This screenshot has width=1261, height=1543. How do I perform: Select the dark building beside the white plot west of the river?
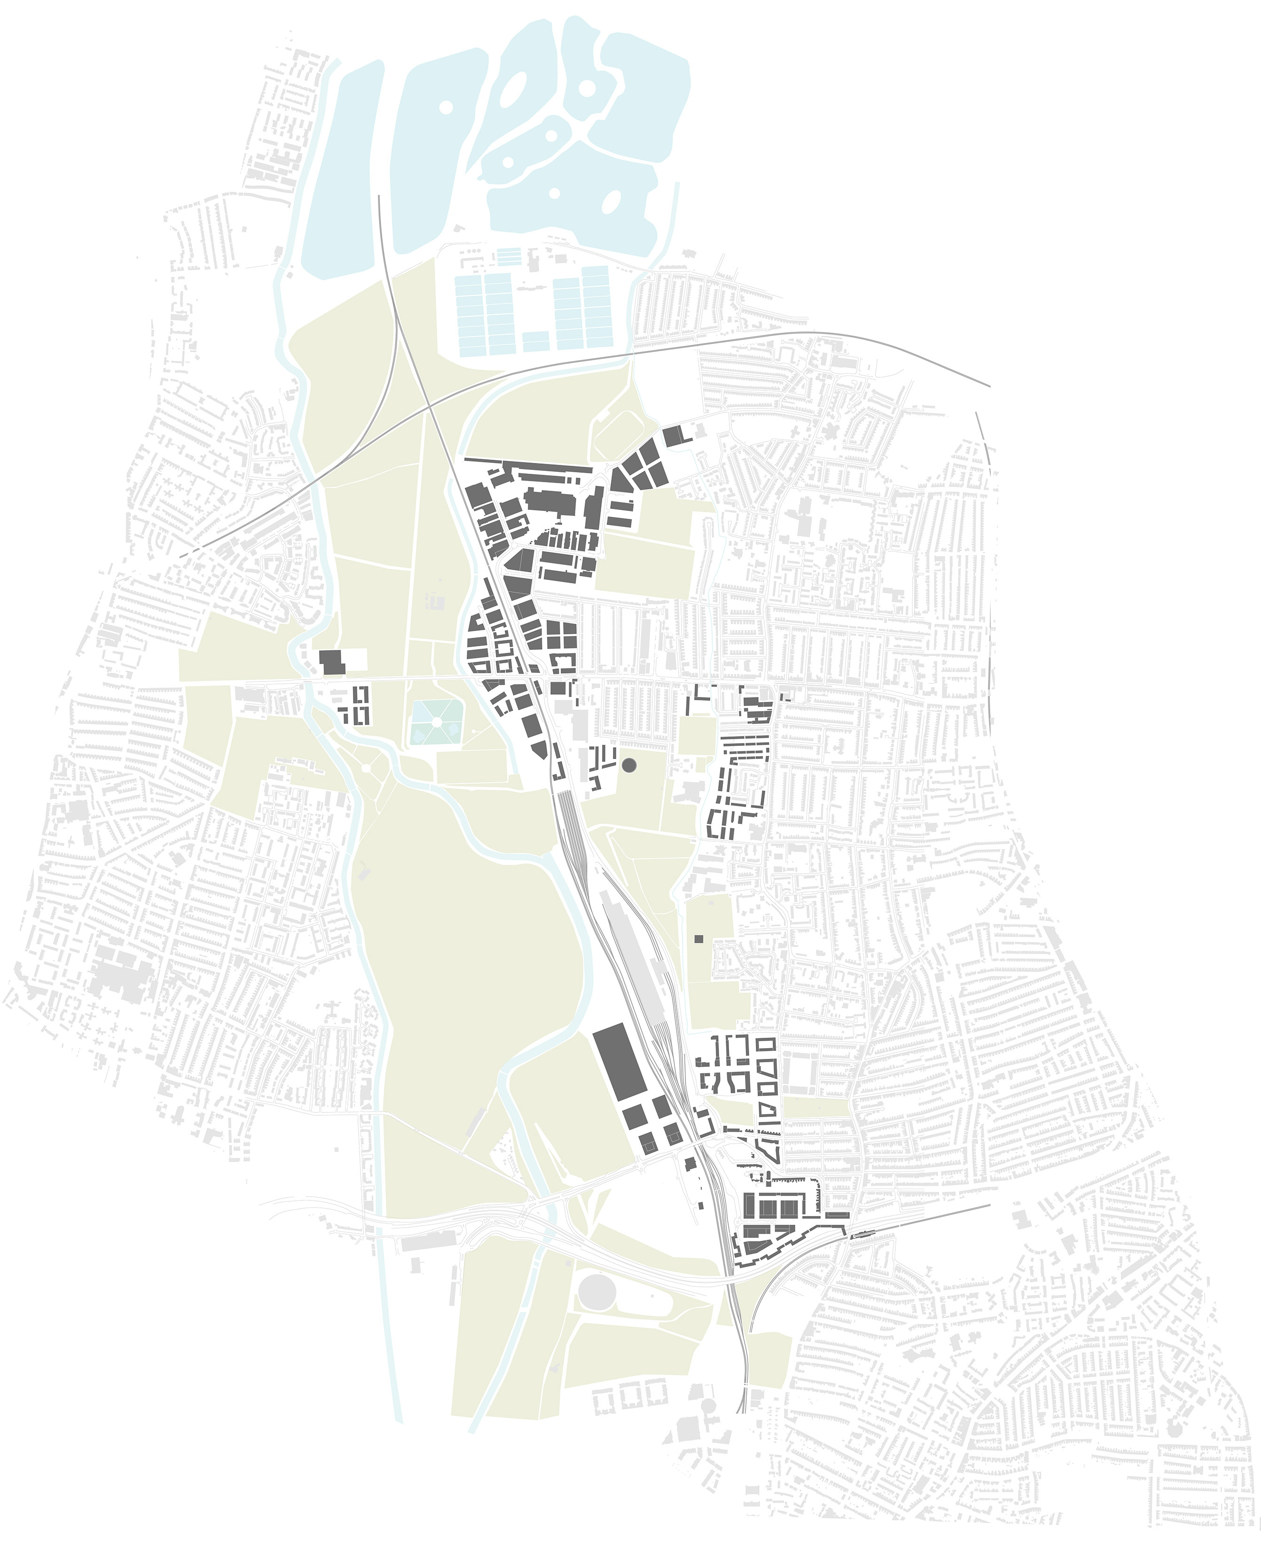tap(330, 663)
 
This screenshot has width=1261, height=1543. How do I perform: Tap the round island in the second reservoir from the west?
tap(446, 106)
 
